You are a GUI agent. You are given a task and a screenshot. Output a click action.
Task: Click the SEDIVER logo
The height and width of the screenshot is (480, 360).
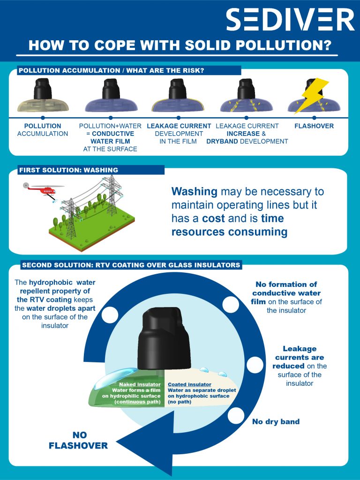[x=290, y=20]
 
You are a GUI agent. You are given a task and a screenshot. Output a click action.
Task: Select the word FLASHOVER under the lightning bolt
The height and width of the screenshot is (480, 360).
[x=314, y=126]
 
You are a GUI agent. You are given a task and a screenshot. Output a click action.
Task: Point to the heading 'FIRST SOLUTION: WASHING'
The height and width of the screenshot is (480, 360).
[x=68, y=170]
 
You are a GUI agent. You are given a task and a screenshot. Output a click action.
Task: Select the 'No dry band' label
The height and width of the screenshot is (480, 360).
[x=276, y=422]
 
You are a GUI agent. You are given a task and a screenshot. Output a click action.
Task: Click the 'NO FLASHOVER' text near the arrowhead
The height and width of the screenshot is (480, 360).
[x=78, y=441]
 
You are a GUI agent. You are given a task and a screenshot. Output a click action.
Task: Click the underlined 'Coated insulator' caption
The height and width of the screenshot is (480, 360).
[x=186, y=384]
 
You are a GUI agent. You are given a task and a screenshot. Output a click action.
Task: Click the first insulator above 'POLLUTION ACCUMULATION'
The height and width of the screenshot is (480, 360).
[x=43, y=96]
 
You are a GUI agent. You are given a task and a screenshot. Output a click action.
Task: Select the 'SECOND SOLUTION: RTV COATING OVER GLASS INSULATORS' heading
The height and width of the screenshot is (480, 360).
[x=131, y=265]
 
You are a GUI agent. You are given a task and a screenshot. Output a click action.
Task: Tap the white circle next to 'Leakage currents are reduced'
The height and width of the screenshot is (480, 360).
[x=256, y=364]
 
